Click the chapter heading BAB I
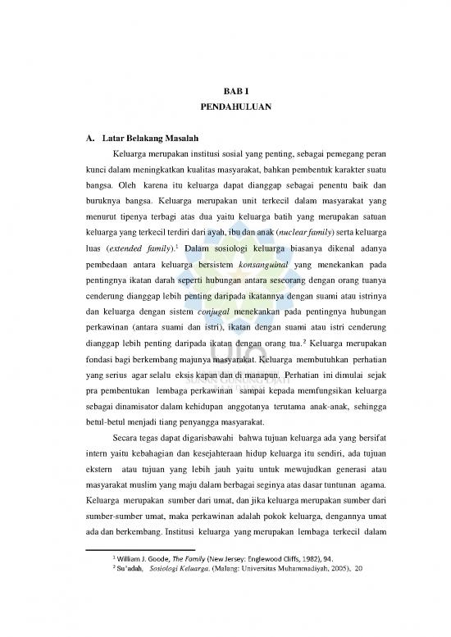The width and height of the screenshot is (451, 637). click(225, 91)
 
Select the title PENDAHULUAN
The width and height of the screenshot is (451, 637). click(225, 108)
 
